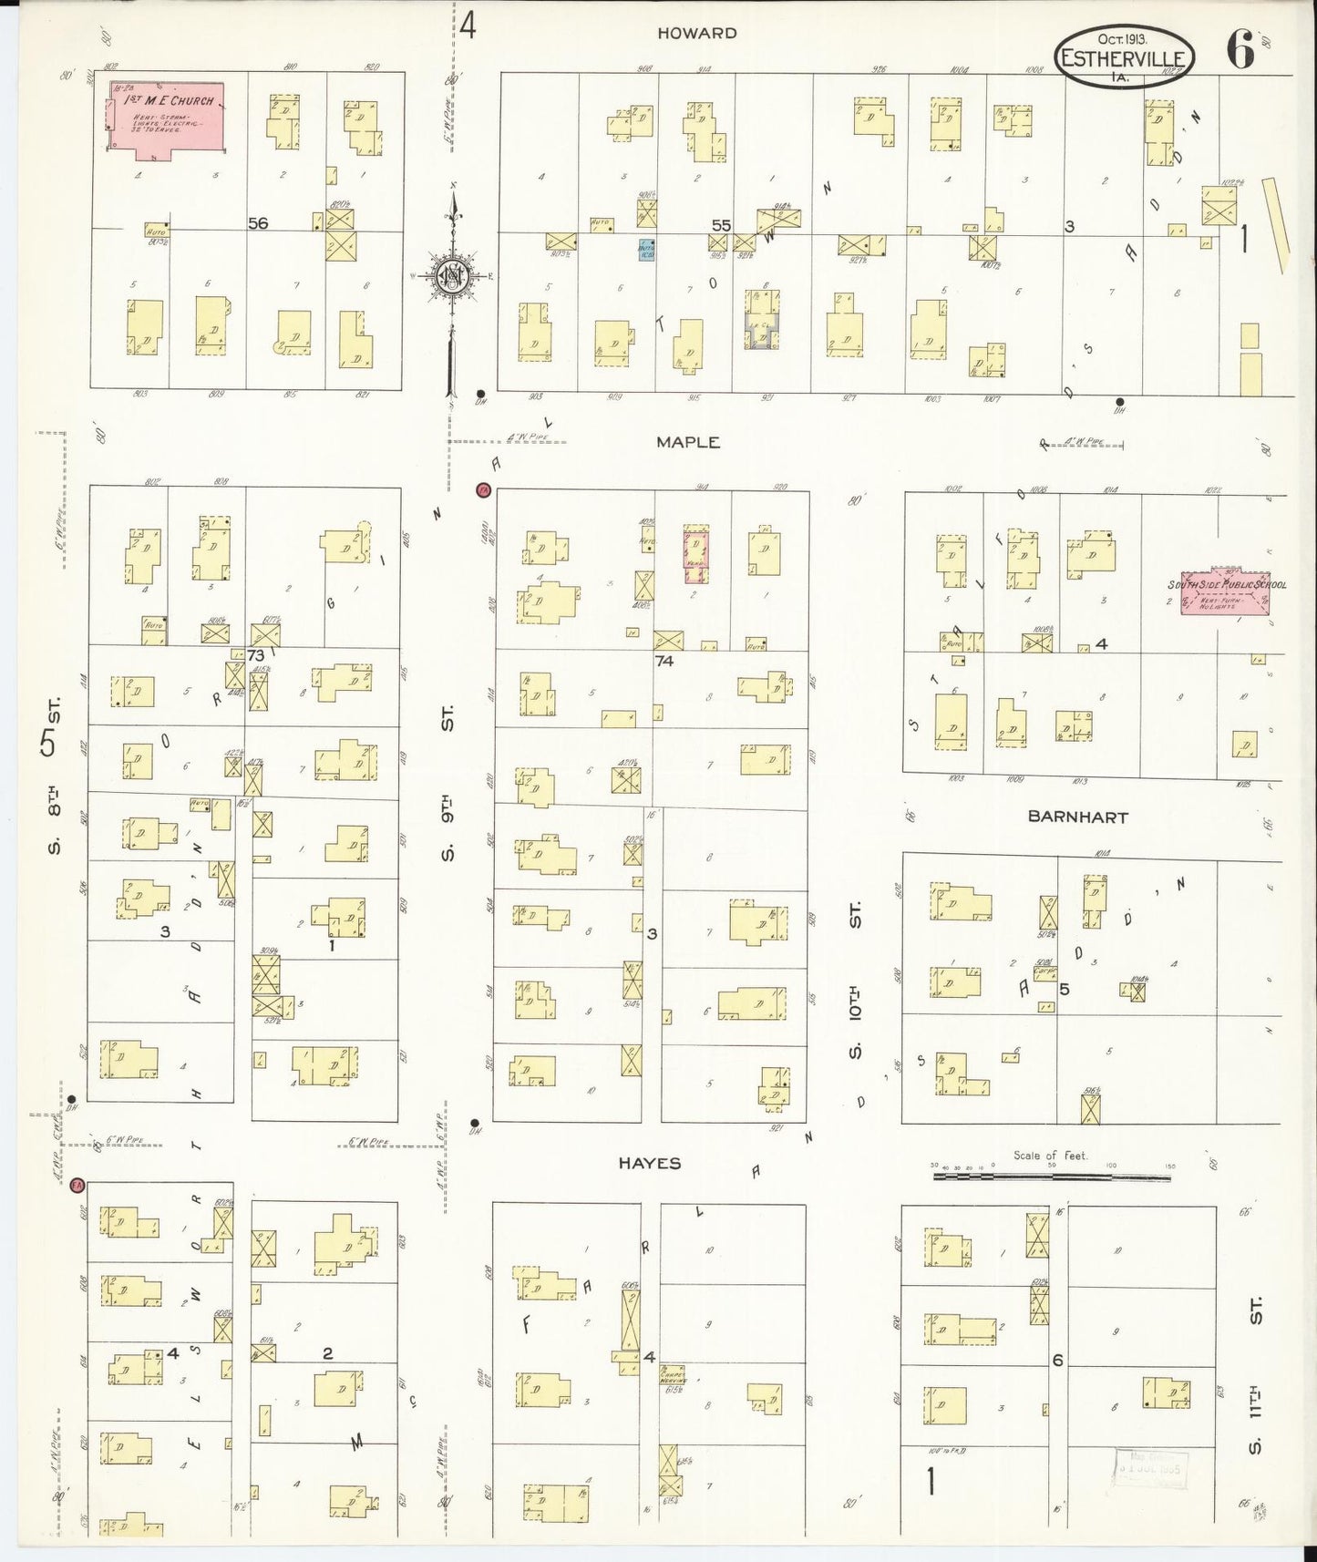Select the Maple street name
tap(688, 442)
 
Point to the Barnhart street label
tap(1077, 817)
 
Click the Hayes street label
tap(650, 1163)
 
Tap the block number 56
tap(258, 222)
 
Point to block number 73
tap(254, 654)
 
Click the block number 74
tap(664, 661)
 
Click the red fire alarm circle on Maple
tap(482, 489)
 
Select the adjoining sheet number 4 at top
tap(467, 26)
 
